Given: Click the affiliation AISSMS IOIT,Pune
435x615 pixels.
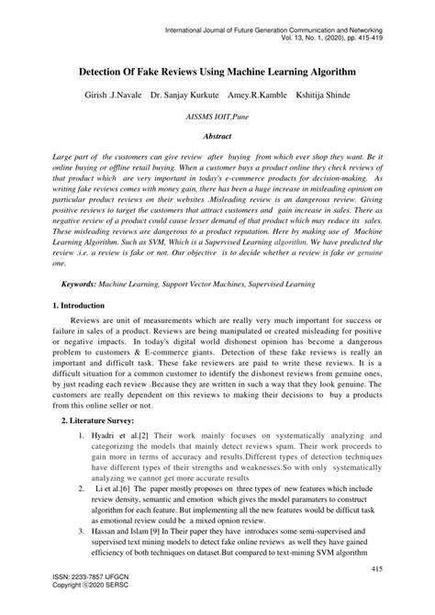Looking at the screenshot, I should click(217, 119).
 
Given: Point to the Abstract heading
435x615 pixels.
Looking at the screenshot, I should click(217, 138).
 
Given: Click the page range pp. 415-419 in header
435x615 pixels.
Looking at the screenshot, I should click(362, 40).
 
